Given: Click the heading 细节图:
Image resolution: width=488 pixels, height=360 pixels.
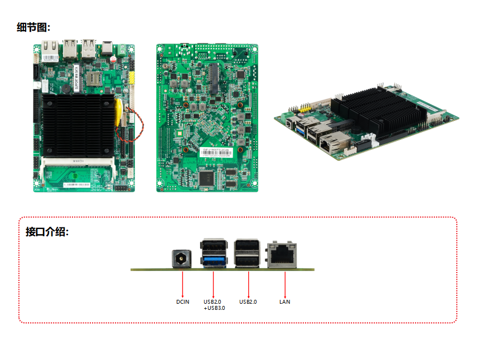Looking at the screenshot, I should click(x=33, y=27).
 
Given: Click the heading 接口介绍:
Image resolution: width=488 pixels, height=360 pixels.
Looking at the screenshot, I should click(x=47, y=232).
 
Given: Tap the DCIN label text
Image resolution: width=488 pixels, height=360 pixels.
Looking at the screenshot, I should click(x=182, y=302).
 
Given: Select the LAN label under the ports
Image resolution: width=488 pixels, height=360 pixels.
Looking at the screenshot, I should click(x=284, y=302).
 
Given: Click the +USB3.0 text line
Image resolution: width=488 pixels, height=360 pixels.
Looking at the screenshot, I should click(x=214, y=308).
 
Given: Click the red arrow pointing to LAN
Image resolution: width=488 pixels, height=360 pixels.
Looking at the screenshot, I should click(x=285, y=284).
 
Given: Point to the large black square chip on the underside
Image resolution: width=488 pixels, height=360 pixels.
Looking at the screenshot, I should click(x=209, y=178).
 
